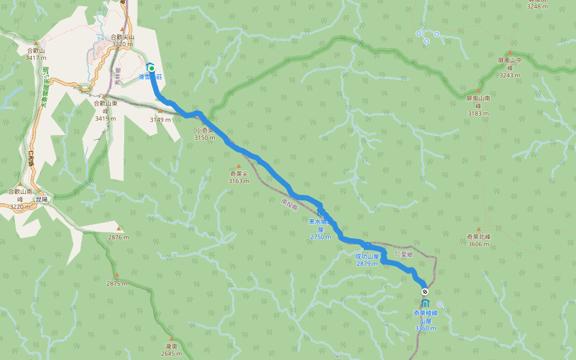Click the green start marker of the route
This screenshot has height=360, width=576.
151,68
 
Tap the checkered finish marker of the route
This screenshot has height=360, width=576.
425,292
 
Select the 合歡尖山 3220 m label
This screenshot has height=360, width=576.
122,40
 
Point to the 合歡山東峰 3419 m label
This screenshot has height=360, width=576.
105,110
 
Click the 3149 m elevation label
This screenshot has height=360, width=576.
160,119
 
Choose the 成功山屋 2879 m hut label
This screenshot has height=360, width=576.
367,260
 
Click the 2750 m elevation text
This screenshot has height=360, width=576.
320,237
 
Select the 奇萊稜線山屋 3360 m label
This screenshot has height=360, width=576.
425,320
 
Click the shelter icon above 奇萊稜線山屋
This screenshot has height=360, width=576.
425,302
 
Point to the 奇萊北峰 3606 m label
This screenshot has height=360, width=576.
479,240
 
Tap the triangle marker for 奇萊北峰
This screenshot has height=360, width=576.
479,229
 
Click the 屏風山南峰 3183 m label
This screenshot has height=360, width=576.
478,105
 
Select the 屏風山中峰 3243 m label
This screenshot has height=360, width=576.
510,68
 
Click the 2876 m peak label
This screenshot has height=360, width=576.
118,237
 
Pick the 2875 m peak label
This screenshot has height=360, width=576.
117,283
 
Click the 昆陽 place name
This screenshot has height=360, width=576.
41,199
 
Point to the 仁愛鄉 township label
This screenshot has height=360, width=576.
404,254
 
